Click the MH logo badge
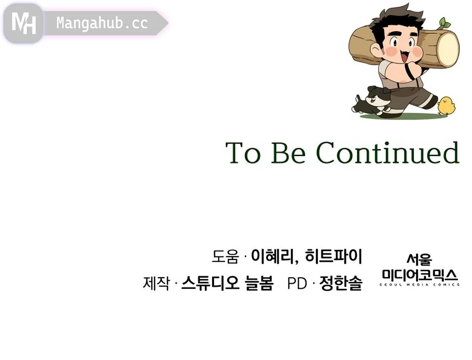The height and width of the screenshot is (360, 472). click(x=24, y=23)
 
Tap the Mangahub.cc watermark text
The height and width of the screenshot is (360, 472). click(x=102, y=23)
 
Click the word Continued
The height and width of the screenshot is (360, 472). click(x=388, y=152)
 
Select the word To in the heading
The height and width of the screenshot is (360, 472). click(x=243, y=153)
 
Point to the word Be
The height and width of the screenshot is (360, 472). click(x=288, y=153)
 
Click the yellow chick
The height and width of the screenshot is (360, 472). click(x=446, y=106)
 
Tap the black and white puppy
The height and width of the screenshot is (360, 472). click(x=372, y=101)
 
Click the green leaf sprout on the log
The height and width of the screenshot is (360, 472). click(x=443, y=23)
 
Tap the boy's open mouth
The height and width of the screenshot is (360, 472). click(x=404, y=57)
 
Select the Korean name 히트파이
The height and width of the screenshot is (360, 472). click(x=333, y=256)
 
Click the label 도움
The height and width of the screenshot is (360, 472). click(x=225, y=256)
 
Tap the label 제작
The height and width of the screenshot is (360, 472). click(x=156, y=283)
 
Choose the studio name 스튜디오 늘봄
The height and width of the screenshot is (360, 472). click(x=227, y=283)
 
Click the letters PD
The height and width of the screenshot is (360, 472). click(x=297, y=284)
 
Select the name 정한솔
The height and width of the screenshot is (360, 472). click(x=341, y=283)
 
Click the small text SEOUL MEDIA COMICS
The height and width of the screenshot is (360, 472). click(x=419, y=284)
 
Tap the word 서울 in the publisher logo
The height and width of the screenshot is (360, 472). click(x=419, y=260)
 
